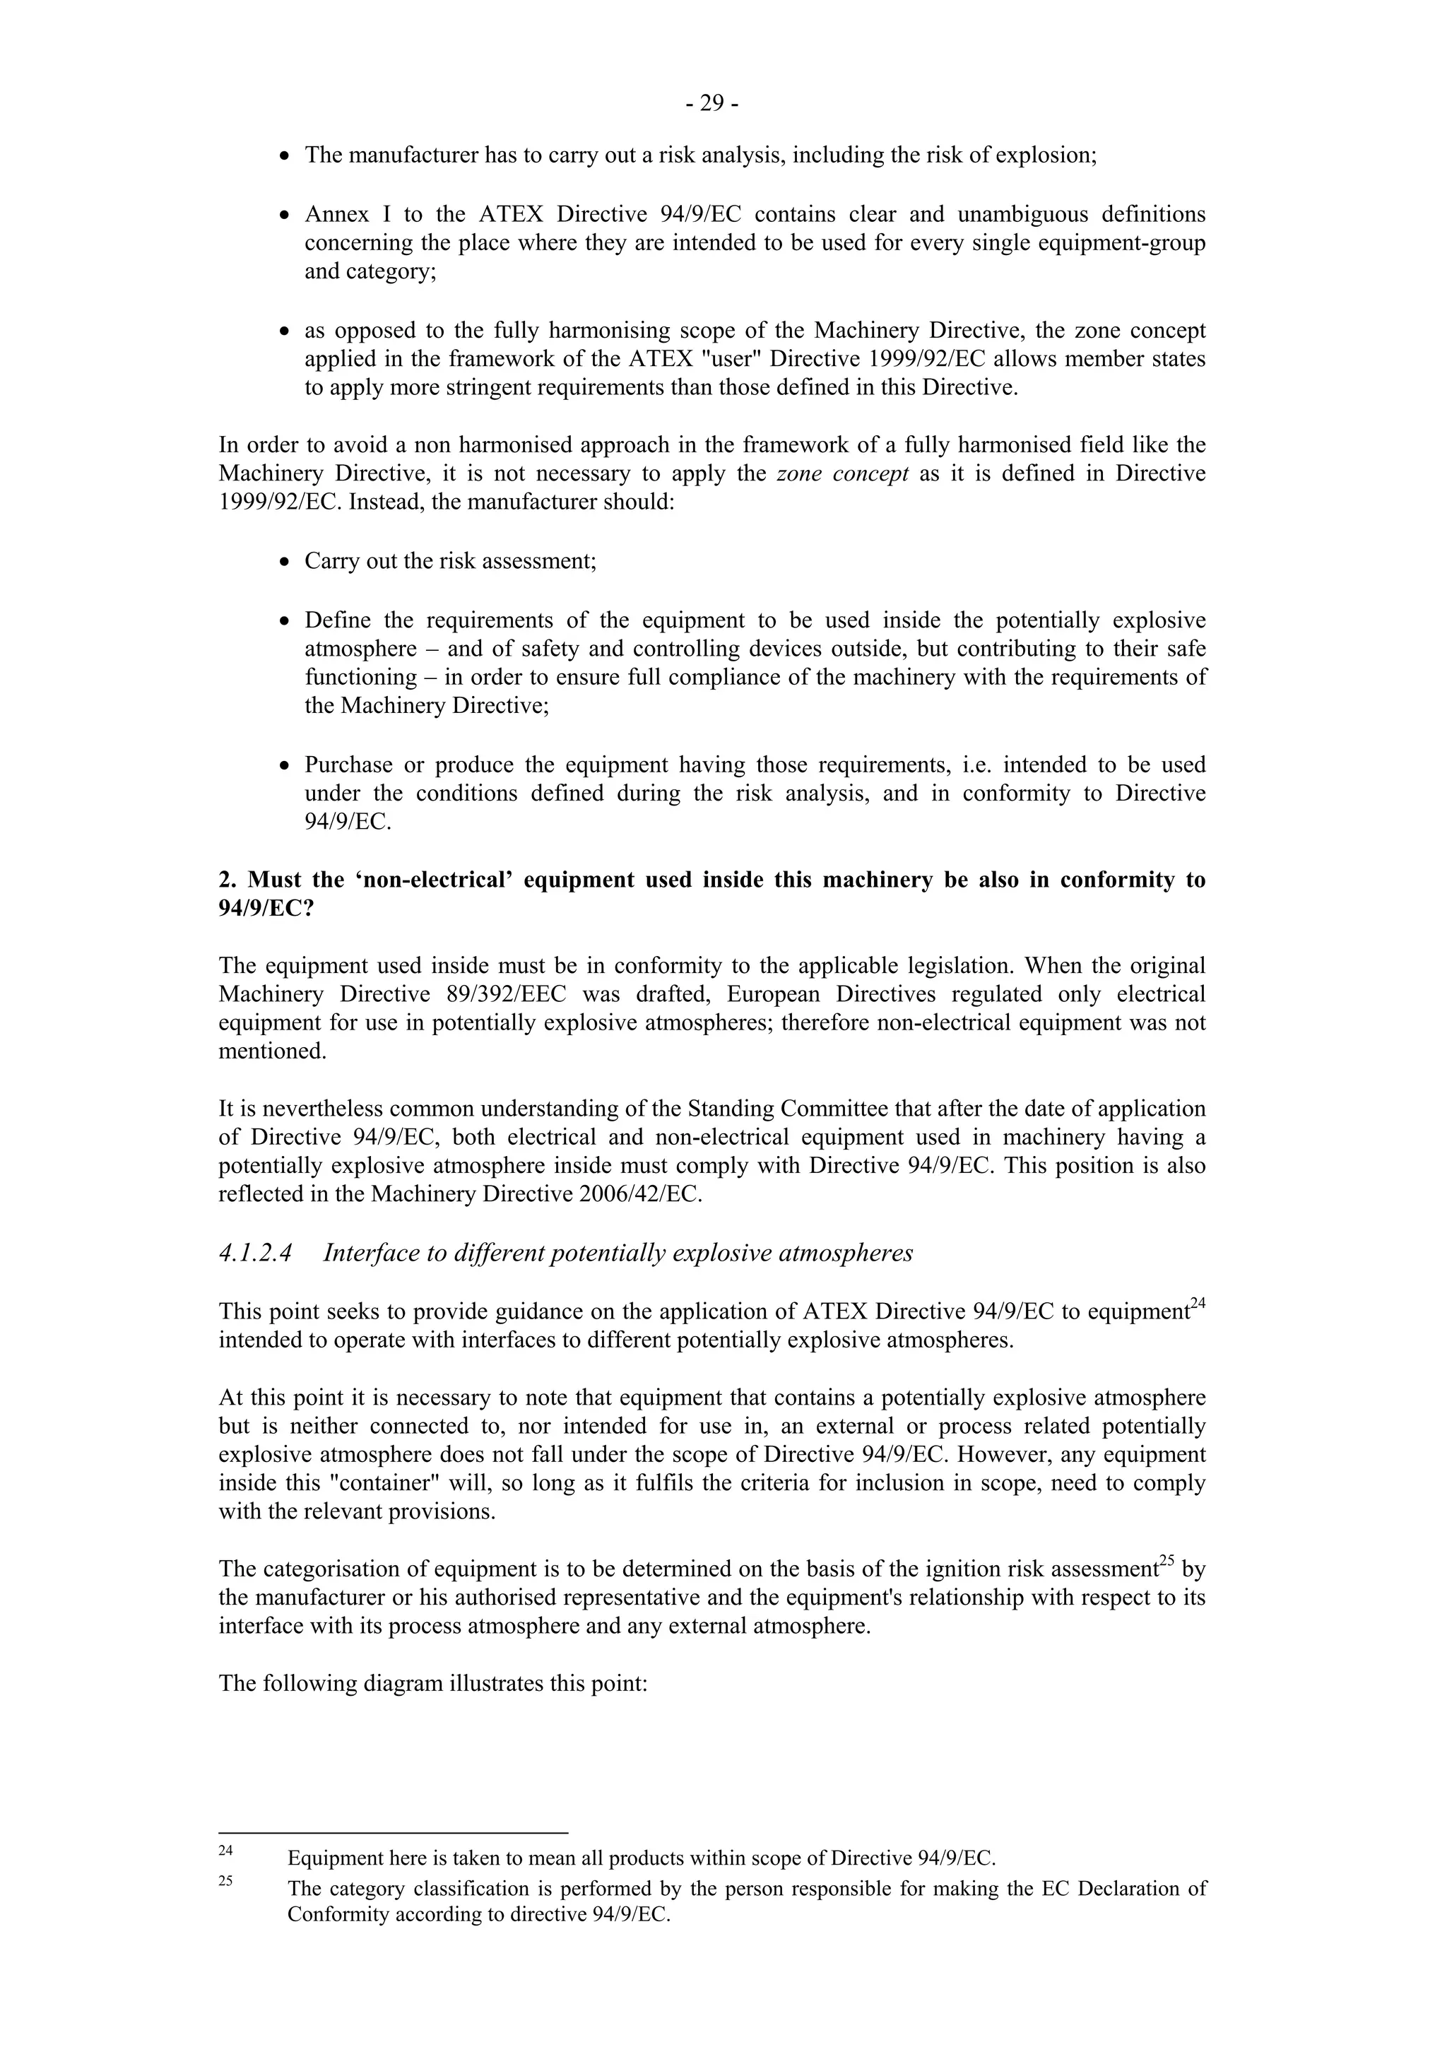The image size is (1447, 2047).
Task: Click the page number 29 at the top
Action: (711, 105)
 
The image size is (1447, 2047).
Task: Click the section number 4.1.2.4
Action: (255, 1253)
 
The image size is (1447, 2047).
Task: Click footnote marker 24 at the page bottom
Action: (225, 1850)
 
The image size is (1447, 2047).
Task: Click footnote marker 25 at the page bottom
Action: (225, 1880)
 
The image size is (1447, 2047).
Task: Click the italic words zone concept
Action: (842, 473)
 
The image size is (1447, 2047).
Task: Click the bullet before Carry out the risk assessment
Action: (285, 562)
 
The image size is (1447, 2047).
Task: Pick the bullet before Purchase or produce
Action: (285, 766)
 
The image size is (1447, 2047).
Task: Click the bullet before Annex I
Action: (285, 216)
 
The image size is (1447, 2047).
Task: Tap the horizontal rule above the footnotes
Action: (392, 1833)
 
